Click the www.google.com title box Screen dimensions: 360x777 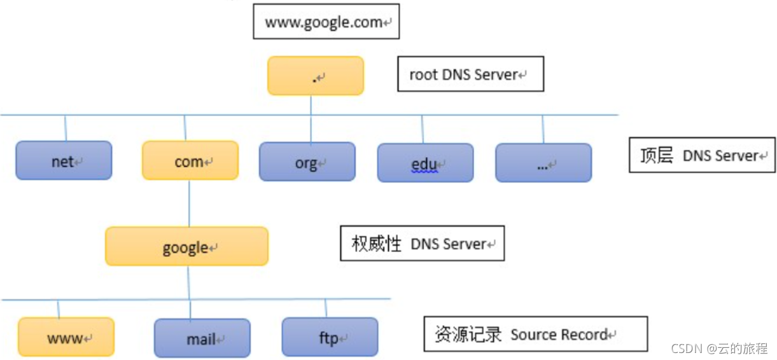(326, 22)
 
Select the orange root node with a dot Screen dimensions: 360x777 (315, 76)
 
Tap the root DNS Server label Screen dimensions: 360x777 (470, 74)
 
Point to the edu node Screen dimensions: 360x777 (425, 163)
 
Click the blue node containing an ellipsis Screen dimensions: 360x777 (543, 163)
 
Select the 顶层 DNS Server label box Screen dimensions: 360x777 (702, 155)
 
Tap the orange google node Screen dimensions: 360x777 (186, 246)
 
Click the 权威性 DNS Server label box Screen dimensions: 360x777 (422, 243)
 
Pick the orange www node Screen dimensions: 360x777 (66, 336)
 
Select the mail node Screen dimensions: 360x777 (202, 338)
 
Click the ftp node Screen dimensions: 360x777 (330, 336)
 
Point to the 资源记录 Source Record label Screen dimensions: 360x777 (535, 334)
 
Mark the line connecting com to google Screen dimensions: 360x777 (188, 203)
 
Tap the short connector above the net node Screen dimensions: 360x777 (65, 128)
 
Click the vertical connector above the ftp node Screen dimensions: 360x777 (326, 308)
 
